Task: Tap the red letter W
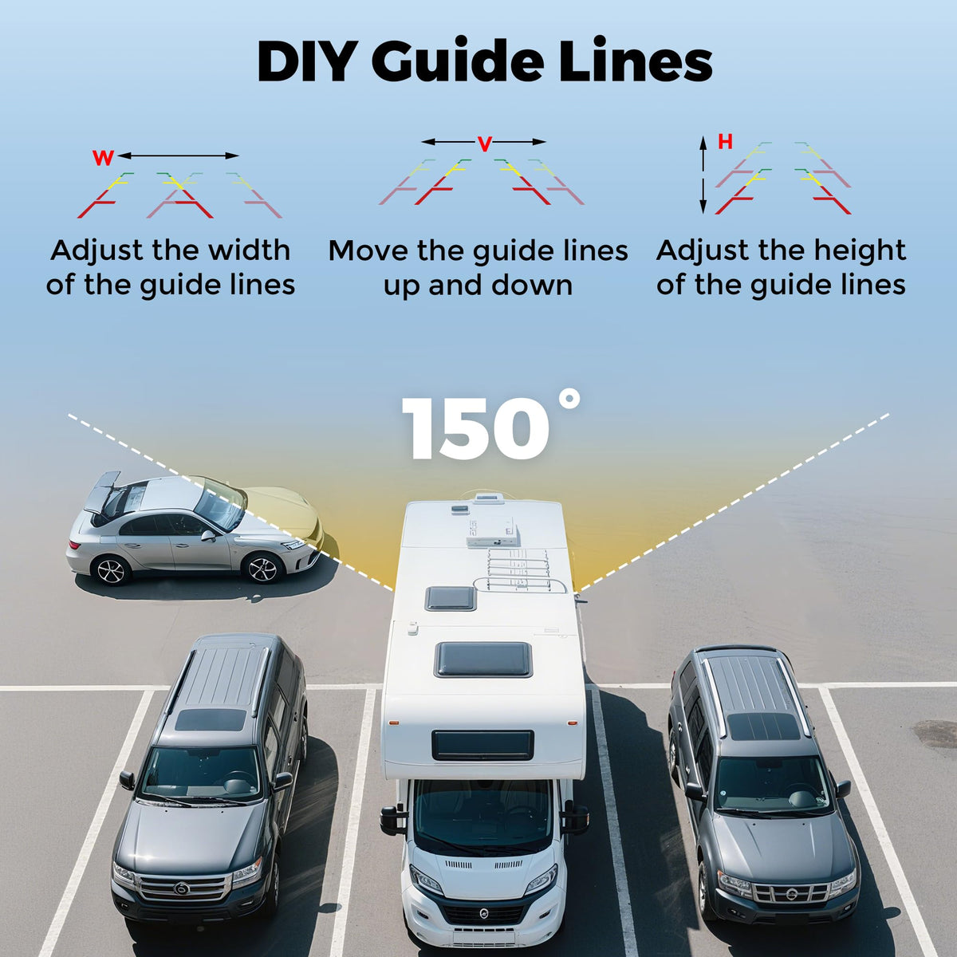coord(104,159)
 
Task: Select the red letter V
coord(484,144)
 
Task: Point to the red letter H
coord(725,142)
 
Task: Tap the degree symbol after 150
coord(569,400)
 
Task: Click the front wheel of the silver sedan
coord(262,569)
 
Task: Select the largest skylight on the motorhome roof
coord(483,659)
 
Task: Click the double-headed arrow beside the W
coord(179,156)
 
